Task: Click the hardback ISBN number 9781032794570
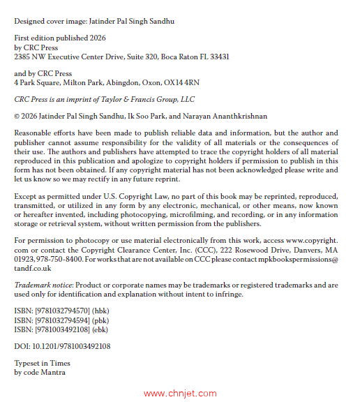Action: tap(50, 310)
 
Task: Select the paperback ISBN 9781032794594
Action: tap(50, 319)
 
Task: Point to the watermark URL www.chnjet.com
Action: tap(180, 394)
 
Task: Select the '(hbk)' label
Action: tap(96, 310)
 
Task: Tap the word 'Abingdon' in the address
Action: tap(113, 82)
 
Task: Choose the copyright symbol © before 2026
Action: tap(17, 116)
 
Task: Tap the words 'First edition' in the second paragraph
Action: tap(34, 39)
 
